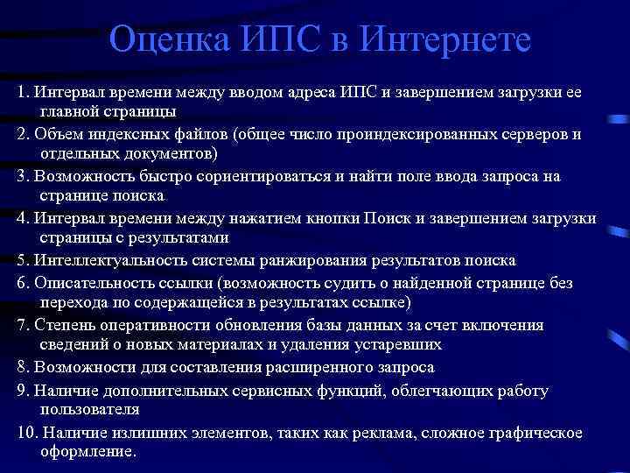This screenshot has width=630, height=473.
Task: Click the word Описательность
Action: (x=87, y=283)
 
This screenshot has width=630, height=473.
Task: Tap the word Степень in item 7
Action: (x=57, y=325)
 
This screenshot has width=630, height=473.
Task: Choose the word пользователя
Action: (x=89, y=409)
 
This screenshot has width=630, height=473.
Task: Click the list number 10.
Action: (x=26, y=433)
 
